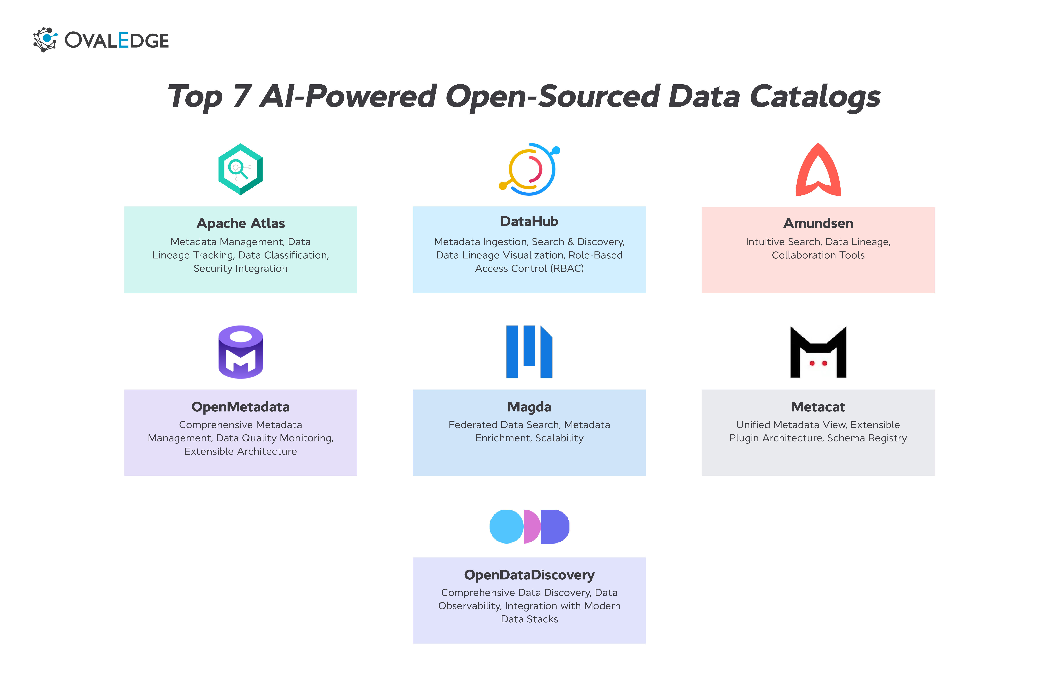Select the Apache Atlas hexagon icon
(240, 169)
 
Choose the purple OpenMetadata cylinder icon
(240, 352)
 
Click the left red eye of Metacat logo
(812, 363)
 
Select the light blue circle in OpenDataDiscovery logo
(506, 527)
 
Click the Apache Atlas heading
(240, 223)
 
